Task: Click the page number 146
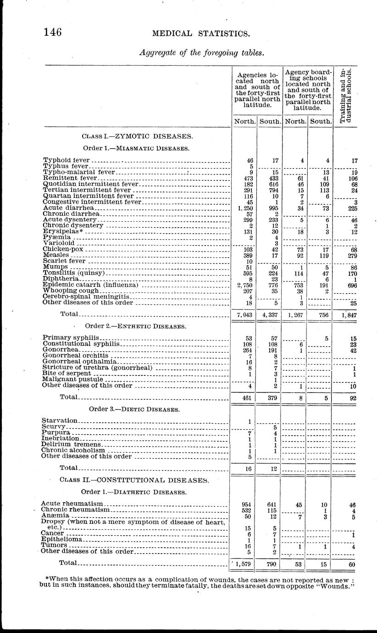coord(52,32)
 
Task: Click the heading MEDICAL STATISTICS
coord(201,33)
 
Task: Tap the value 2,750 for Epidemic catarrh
coord(244,285)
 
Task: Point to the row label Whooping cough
coord(71,291)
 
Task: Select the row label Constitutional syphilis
coord(81,343)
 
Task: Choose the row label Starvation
coord(60,420)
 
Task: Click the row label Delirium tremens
coord(71,444)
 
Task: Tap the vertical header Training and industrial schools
coord(346,95)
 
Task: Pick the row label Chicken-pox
coord(63,249)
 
